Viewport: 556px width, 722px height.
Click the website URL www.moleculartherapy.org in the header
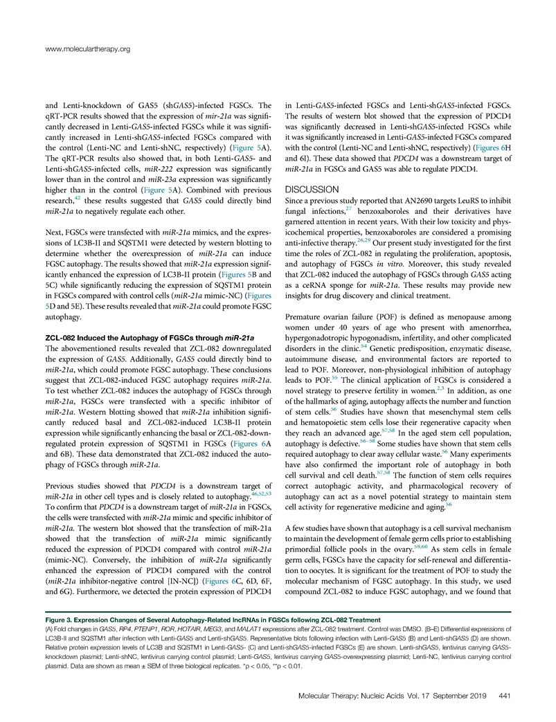click(87, 49)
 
